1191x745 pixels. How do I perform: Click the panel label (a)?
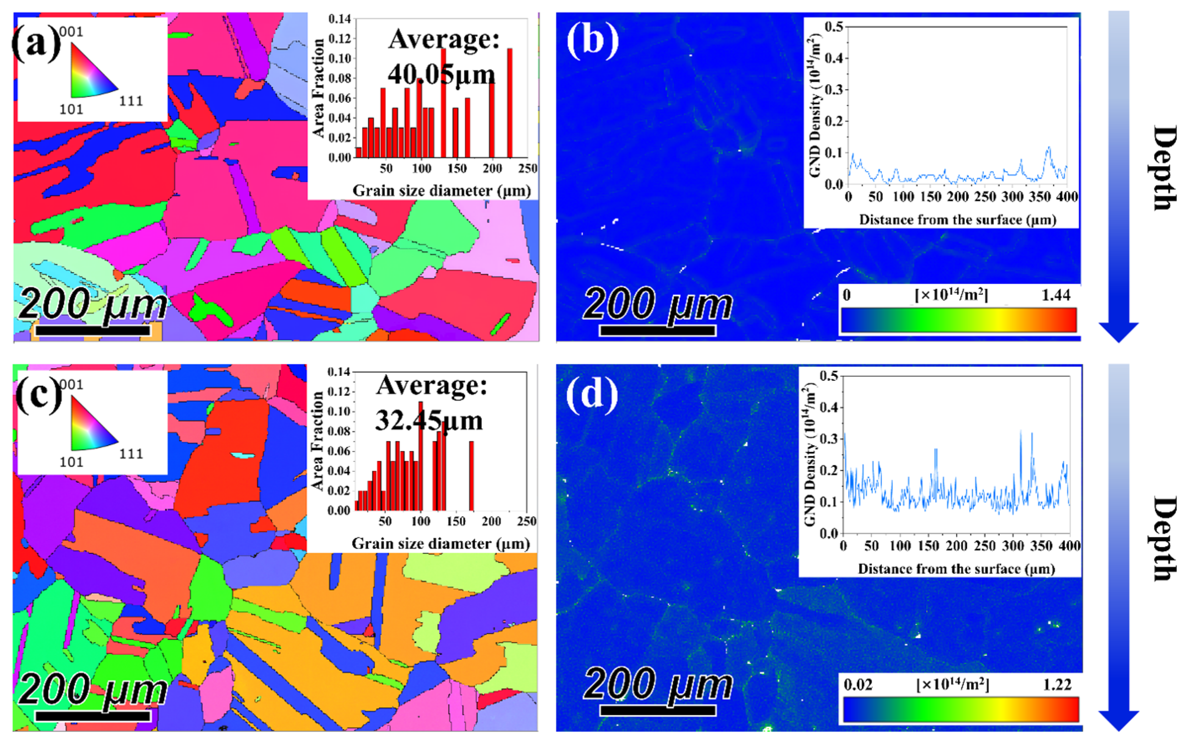[x=35, y=43]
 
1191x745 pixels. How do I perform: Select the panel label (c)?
[x=38, y=395]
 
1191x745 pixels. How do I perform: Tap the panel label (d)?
[x=591, y=395]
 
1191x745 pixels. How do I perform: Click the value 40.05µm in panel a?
[x=441, y=74]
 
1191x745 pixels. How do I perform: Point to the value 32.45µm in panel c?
[x=429, y=420]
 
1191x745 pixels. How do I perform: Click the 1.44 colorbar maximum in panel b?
[x=1056, y=295]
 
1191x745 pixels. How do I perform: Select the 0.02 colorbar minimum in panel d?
[x=858, y=684]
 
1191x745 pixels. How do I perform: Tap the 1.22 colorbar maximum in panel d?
[x=1057, y=684]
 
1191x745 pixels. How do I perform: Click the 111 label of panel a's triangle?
[x=131, y=101]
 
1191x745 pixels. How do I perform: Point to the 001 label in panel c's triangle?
[x=71, y=384]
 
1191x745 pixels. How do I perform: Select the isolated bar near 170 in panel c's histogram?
[x=471, y=476]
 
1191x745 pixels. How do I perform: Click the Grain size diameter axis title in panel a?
[x=441, y=191]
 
